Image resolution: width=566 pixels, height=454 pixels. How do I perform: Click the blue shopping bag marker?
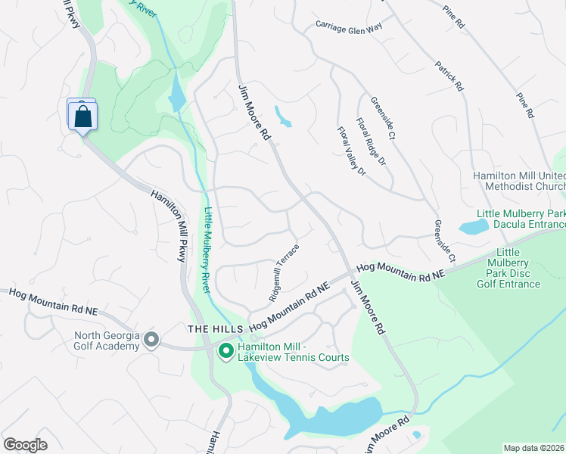click(82, 117)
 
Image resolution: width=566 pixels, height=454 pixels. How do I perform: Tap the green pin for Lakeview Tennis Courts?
click(225, 350)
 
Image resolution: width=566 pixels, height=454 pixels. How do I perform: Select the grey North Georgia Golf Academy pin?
click(151, 341)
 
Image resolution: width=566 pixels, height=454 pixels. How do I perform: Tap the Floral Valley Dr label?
click(351, 151)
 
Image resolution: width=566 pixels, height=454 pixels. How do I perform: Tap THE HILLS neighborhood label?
click(216, 329)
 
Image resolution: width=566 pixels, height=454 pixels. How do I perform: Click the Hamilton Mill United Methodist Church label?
click(519, 181)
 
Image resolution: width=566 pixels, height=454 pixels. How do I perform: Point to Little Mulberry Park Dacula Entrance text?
click(521, 219)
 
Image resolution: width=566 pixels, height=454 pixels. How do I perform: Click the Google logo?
click(25, 445)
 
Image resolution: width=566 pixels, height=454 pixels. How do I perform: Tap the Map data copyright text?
click(534, 448)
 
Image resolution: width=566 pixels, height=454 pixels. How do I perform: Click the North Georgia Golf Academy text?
click(107, 341)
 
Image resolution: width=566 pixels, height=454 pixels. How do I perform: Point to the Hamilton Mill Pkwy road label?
click(169, 225)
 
